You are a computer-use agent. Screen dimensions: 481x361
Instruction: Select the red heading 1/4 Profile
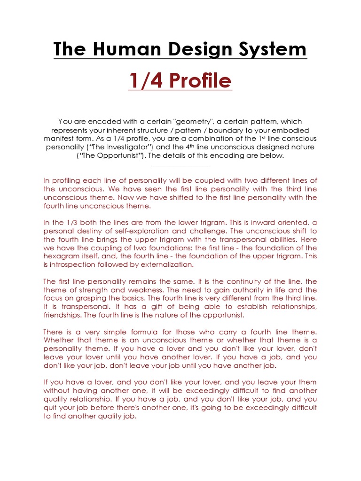tap(180, 81)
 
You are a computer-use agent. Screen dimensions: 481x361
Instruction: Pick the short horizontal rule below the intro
tap(180, 166)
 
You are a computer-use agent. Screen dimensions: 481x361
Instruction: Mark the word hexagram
tap(61, 256)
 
